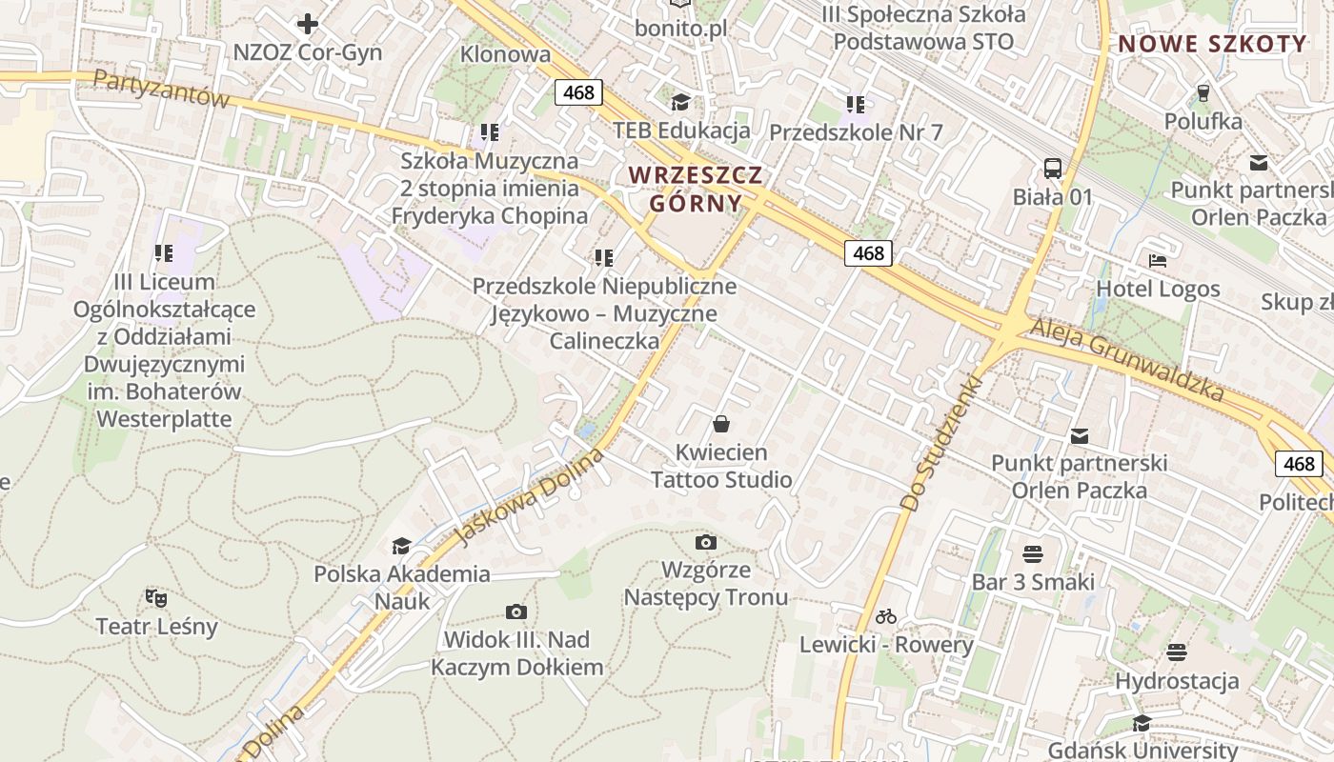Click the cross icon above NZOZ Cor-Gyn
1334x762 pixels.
pos(308,23)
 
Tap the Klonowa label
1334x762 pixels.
pos(505,54)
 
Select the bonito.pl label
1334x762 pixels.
pos(680,29)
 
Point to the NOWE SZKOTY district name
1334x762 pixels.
pos(1212,44)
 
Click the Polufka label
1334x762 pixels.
pos(1203,122)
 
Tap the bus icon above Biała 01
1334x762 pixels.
pos(1052,169)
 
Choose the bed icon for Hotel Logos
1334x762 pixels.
pos(1158,260)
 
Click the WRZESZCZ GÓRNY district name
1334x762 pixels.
pos(696,189)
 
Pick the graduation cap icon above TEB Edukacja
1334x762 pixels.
pos(680,102)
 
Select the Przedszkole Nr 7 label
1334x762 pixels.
pos(855,132)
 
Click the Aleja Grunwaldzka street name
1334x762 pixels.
pos(1127,361)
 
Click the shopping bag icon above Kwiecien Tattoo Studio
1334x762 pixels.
pos(721,423)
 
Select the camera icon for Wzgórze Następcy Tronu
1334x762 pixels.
pos(705,542)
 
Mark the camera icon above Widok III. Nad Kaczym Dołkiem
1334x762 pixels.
pos(516,611)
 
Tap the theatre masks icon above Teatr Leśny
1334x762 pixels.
pos(156,597)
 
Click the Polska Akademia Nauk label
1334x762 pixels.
pos(402,588)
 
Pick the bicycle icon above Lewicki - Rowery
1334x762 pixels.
pos(886,616)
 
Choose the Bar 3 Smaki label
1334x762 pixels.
pos(1033,582)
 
